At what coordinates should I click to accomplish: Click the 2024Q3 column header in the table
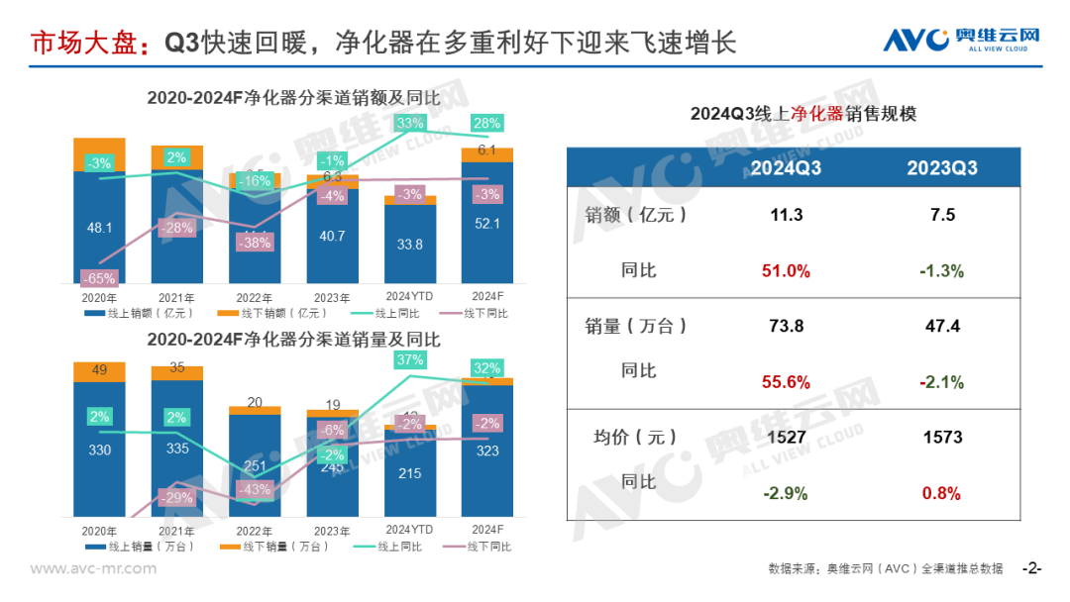point(786,167)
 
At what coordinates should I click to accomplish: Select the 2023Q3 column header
point(941,167)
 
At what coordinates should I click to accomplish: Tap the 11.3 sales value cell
point(786,215)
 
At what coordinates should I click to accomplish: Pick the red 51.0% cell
point(786,271)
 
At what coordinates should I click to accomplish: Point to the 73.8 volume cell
point(786,326)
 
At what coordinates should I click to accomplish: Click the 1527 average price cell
point(786,437)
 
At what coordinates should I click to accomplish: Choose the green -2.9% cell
point(786,493)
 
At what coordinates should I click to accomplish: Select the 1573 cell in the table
point(941,437)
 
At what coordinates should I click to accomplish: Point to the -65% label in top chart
point(100,278)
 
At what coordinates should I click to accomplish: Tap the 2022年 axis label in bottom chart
point(255,531)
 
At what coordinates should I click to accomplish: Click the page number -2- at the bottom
point(1031,568)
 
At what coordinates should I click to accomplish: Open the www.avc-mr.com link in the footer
point(93,568)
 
